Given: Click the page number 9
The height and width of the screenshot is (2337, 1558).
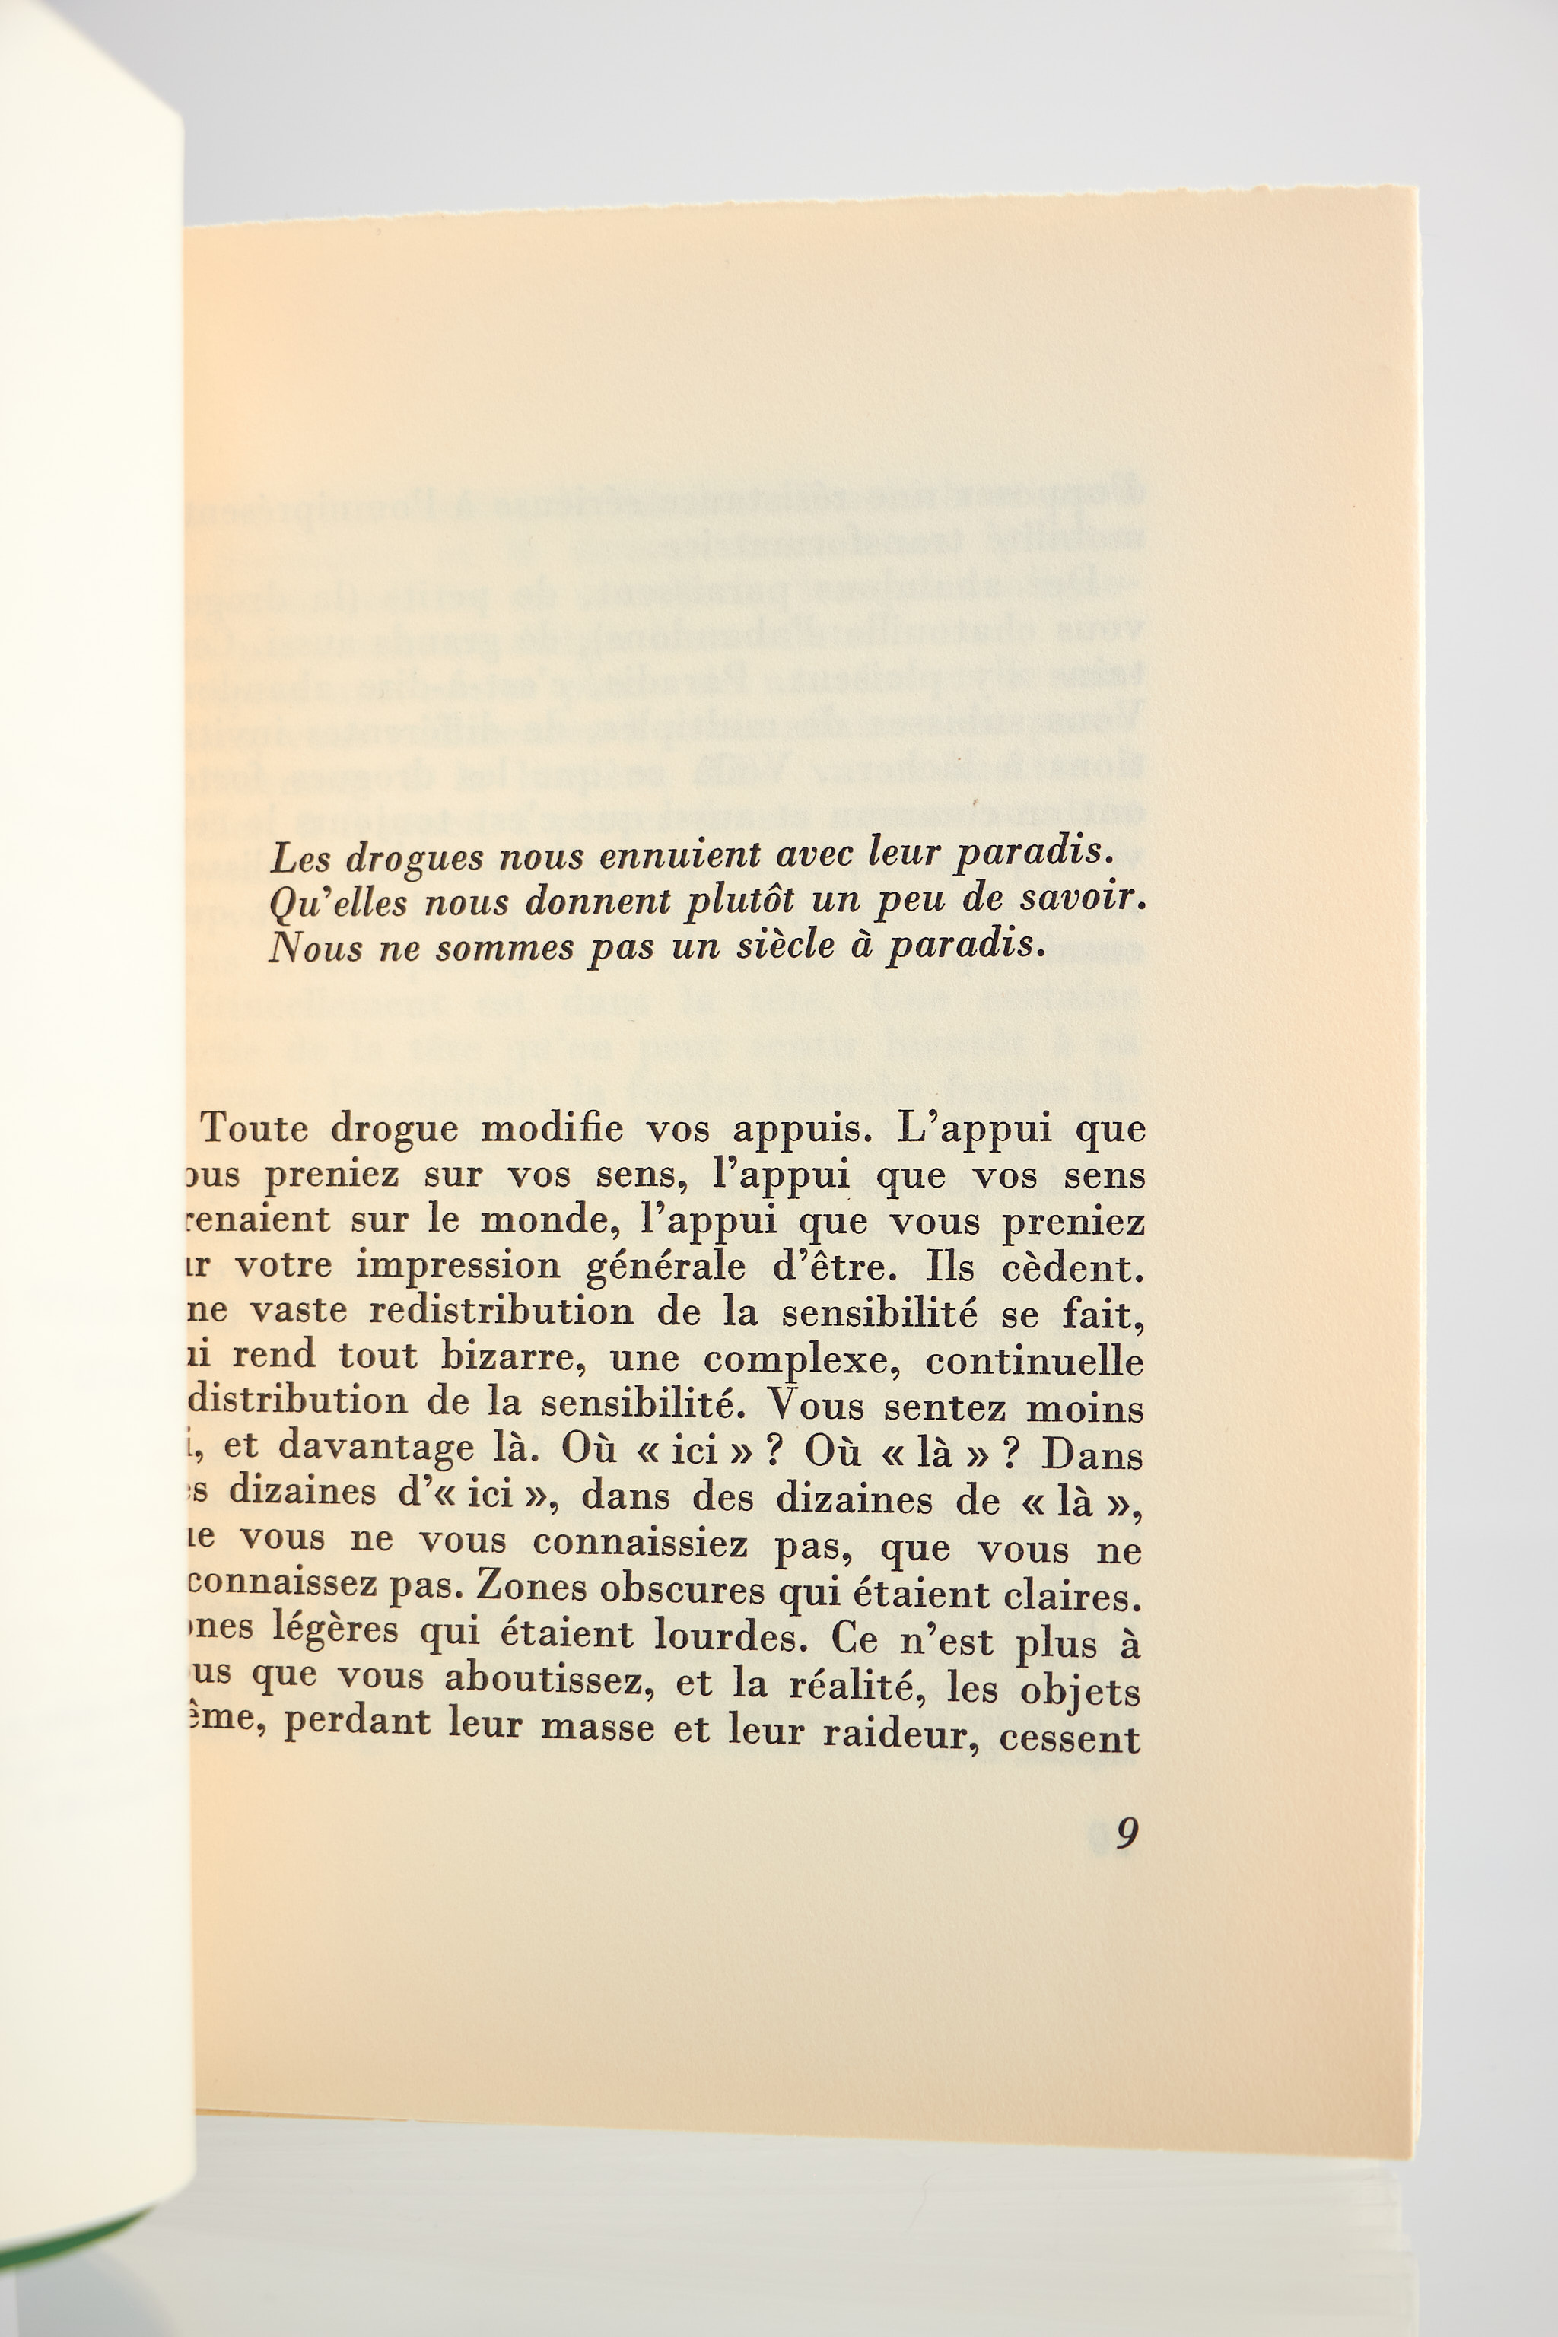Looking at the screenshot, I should pyautogui.click(x=1126, y=1832).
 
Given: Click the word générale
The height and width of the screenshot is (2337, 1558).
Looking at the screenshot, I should pyautogui.click(x=666, y=1268).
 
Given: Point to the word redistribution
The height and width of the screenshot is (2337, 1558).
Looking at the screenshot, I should pyautogui.click(x=501, y=1312).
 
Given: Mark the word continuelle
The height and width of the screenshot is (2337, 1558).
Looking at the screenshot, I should pyautogui.click(x=1035, y=1361).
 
